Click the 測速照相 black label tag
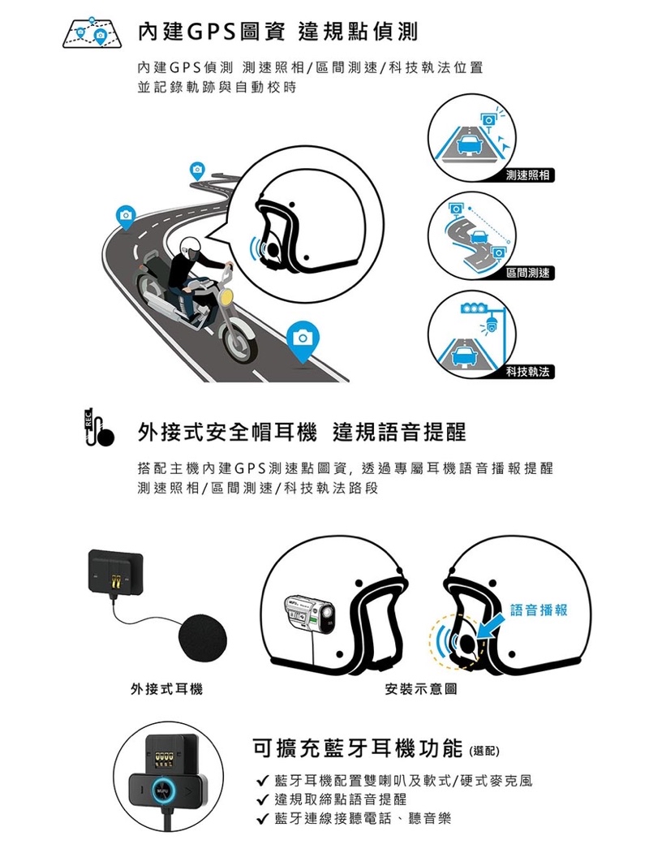tap(527, 175)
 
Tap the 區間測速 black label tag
tap(527, 273)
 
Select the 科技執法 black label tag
tap(527, 372)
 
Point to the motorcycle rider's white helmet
tap(191, 248)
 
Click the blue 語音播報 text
tap(539, 610)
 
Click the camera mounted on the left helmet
tap(309, 615)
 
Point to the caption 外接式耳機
tap(167, 689)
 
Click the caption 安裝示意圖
tap(420, 689)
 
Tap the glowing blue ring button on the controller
tap(163, 791)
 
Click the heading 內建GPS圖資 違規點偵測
tap(277, 32)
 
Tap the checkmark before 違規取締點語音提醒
tap(263, 799)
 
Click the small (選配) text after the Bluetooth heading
tap(483, 751)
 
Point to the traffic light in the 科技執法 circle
tap(471, 308)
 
